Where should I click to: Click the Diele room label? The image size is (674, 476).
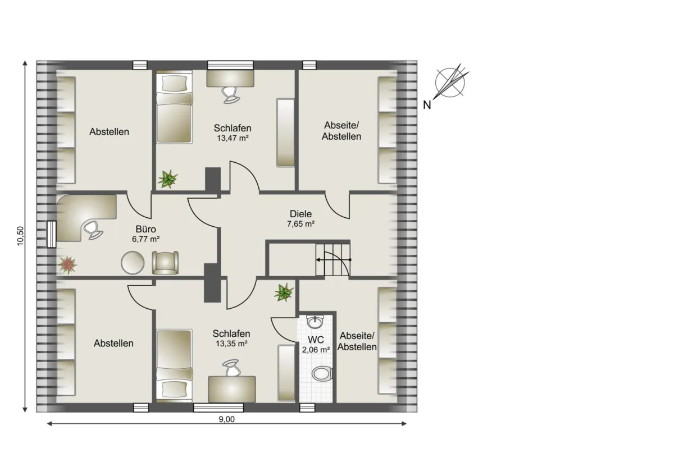[x=300, y=214]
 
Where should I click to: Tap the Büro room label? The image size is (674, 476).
[x=146, y=229]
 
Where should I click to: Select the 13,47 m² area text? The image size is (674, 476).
[x=233, y=138]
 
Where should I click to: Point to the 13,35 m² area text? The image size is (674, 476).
[x=231, y=344]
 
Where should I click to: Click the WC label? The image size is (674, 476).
[x=316, y=340]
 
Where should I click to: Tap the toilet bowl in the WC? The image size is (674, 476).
[x=322, y=374]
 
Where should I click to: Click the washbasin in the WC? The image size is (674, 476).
[x=315, y=322]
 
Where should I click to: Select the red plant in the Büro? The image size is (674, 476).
[x=68, y=265]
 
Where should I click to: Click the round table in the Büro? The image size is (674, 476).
[x=133, y=263]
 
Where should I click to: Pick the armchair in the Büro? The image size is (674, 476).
[x=165, y=263]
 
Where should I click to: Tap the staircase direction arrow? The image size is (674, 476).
[x=334, y=259]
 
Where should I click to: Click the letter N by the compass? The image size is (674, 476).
[x=427, y=105]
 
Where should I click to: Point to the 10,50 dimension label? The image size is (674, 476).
[x=20, y=236]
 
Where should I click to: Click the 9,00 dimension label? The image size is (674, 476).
[x=226, y=419]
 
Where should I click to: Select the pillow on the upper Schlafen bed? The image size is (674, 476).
[x=174, y=83]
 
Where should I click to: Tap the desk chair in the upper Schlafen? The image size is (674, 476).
[x=231, y=95]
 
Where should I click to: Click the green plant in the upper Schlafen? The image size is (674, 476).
[x=167, y=178]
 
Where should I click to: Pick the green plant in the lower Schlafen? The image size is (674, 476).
[x=284, y=292]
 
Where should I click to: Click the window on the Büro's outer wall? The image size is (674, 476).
[x=52, y=234]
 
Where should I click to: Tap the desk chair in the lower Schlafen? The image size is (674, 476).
[x=231, y=368]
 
